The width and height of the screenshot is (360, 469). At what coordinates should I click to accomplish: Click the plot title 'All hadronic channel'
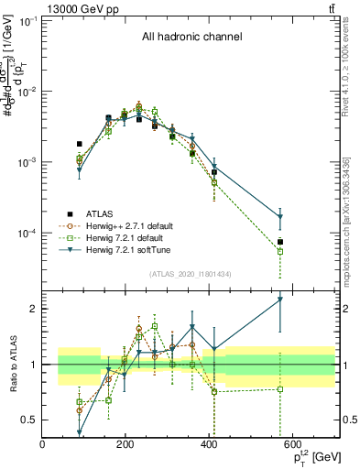coord(191,38)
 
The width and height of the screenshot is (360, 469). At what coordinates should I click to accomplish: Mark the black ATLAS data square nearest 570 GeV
coord(280,242)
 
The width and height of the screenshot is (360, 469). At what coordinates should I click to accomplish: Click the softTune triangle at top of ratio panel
coord(280,299)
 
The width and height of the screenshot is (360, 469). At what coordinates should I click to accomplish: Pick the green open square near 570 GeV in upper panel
coord(280,251)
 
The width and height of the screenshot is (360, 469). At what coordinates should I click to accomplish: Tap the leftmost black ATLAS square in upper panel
coord(80,144)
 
